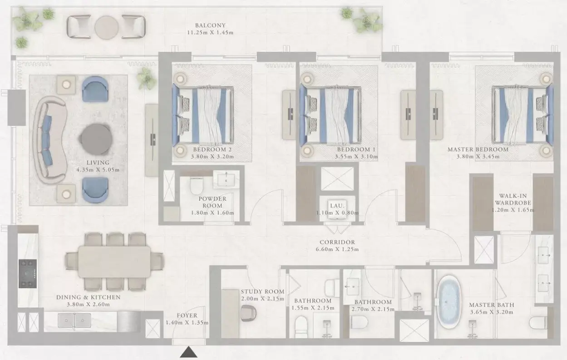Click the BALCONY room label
click(x=210, y=25)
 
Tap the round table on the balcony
click(x=107, y=27)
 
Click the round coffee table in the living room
click(x=96, y=139)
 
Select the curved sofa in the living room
click(x=49, y=139)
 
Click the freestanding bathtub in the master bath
click(x=449, y=302)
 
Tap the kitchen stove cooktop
click(x=28, y=274)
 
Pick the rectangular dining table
click(x=114, y=261)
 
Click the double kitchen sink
click(x=74, y=320)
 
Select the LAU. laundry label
click(x=337, y=206)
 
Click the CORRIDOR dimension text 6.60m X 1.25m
click(x=337, y=249)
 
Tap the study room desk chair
click(x=248, y=313)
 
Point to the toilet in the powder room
click(x=197, y=185)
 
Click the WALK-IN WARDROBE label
click(x=513, y=199)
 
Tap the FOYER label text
click(x=187, y=316)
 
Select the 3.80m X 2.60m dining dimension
click(x=89, y=304)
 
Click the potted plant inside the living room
click(x=146, y=78)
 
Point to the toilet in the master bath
click(x=537, y=323)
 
